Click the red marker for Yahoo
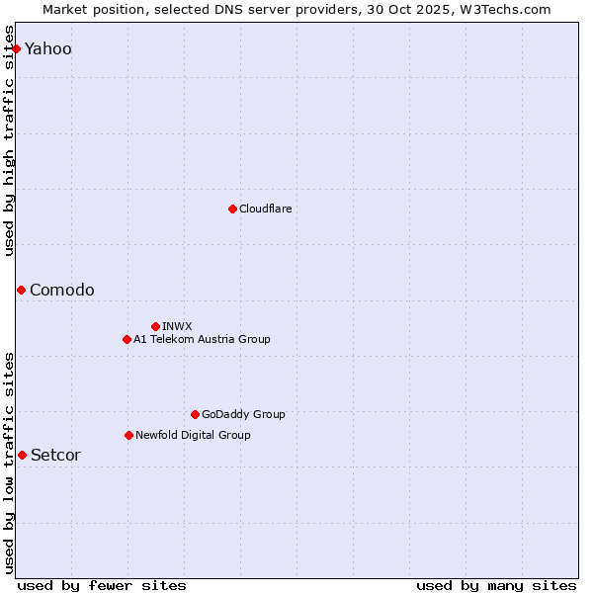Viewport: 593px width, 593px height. click(16, 48)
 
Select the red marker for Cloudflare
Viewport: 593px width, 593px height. click(232, 209)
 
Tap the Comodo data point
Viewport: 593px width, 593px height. click(21, 290)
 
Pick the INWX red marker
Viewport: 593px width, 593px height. click(155, 326)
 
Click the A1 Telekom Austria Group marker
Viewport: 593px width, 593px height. click(127, 339)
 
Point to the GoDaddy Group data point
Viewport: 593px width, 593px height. click(195, 414)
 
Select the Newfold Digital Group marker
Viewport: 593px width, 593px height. click(128, 435)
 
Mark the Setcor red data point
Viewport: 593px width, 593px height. click(22, 455)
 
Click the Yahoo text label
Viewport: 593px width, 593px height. click(48, 49)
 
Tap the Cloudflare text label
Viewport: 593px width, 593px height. click(266, 209)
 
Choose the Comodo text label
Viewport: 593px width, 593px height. click(62, 290)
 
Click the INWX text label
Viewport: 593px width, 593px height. click(177, 326)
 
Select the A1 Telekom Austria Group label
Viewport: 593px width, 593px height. click(202, 339)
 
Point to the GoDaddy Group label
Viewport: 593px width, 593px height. click(243, 414)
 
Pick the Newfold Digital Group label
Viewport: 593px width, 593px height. click(193, 435)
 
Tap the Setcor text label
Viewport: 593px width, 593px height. click(55, 455)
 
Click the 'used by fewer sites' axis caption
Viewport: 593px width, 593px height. click(102, 585)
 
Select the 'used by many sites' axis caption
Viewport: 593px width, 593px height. click(496, 585)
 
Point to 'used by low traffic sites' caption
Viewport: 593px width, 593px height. click(9, 463)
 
